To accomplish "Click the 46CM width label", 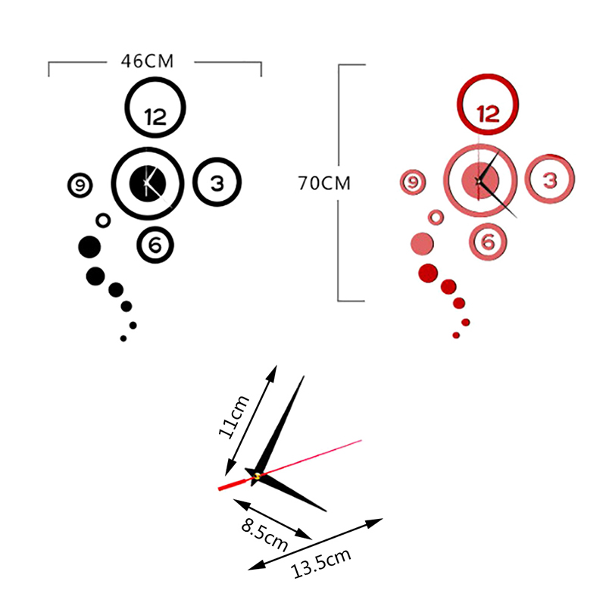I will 147,61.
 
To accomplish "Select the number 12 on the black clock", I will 155,117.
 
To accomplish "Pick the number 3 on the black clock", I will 217,183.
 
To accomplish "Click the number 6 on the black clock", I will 155,245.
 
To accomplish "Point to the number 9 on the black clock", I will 80,184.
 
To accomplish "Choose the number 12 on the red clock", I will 488,114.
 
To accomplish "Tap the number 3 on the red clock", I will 550,180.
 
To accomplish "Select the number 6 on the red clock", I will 488,242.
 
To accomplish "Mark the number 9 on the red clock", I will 413,182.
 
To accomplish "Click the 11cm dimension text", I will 233,417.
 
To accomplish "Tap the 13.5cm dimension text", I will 322,564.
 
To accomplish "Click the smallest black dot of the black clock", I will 123,339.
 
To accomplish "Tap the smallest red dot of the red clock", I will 456,335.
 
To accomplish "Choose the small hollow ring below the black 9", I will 103,220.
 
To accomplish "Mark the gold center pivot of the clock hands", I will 258,476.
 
